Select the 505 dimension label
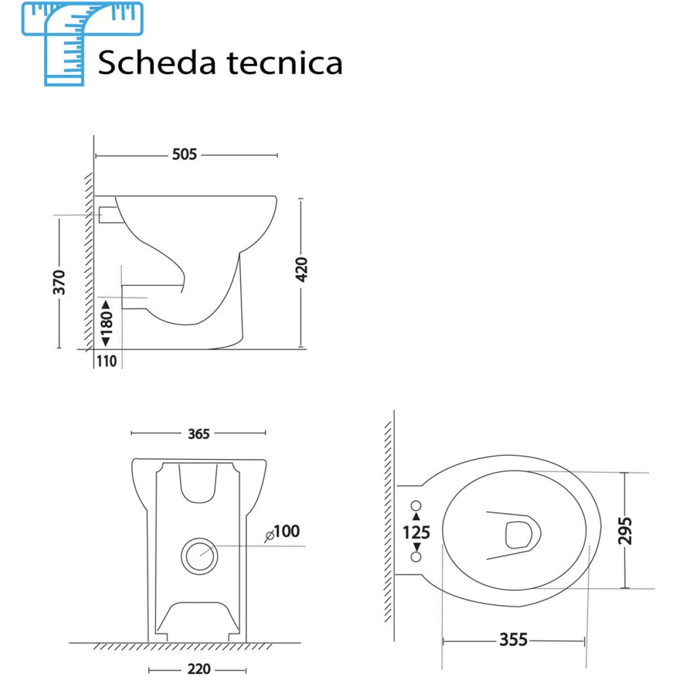[185, 154]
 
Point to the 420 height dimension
[302, 270]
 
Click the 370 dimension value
[59, 282]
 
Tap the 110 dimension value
[107, 361]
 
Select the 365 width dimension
[199, 434]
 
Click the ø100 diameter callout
[283, 532]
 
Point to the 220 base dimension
[199, 669]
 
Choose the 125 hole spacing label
[416, 533]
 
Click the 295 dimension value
[624, 530]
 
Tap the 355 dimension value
[513, 640]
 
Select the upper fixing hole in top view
[416, 505]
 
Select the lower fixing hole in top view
[416, 557]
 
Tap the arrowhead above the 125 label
[416, 517]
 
